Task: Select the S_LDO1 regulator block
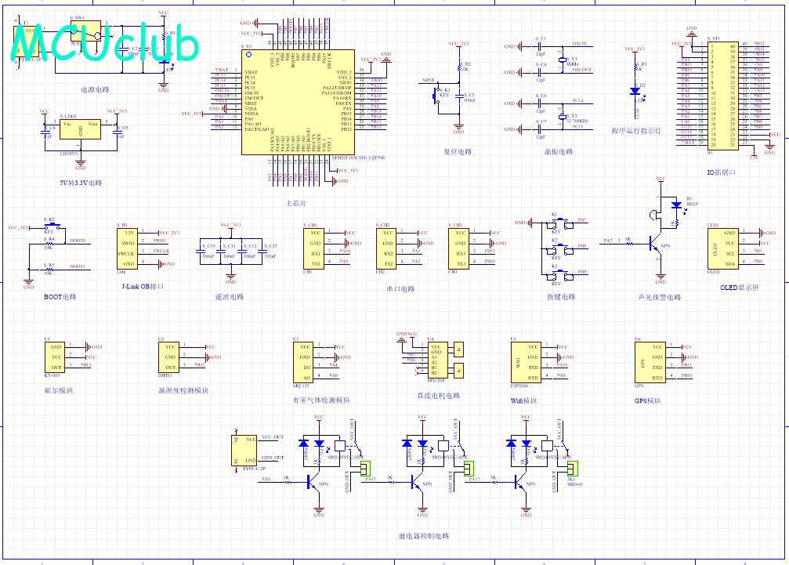[80, 130]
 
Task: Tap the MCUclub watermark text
[103, 45]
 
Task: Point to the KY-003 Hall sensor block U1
[56, 357]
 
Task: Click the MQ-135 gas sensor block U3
[302, 361]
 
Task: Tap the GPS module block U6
[650, 361]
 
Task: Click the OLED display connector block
[721, 248]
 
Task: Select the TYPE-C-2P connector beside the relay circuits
[245, 451]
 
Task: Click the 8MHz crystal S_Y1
[563, 60]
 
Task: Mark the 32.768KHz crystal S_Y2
[563, 117]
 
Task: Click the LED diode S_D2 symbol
[635, 89]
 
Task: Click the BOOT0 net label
[78, 241]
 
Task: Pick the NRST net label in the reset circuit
[428, 80]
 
